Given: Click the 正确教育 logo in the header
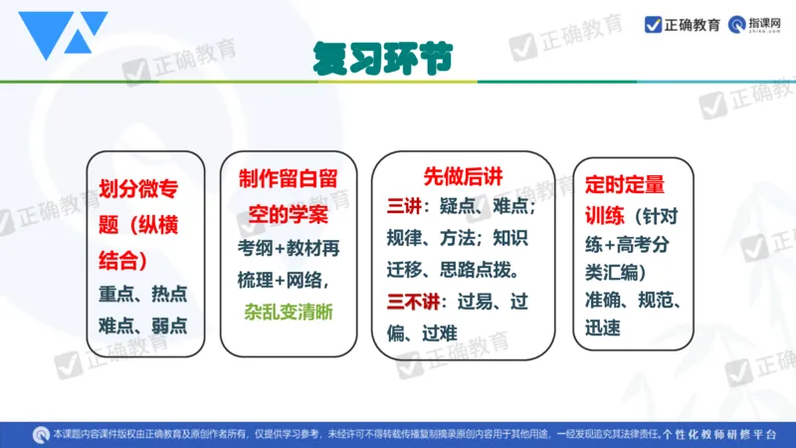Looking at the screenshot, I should click(x=683, y=25).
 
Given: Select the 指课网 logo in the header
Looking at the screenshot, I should click(x=754, y=25).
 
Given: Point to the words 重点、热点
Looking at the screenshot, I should click(x=144, y=295).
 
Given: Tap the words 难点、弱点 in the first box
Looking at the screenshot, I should click(x=144, y=325).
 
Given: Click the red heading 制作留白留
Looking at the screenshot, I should click(x=289, y=178).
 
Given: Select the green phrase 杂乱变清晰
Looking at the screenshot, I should click(x=289, y=311).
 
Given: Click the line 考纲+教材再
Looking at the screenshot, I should click(x=289, y=247).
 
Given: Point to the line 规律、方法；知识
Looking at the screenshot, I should click(x=463, y=239).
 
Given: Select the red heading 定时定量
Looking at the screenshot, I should click(x=625, y=184).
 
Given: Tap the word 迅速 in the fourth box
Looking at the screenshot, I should click(x=604, y=326).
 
